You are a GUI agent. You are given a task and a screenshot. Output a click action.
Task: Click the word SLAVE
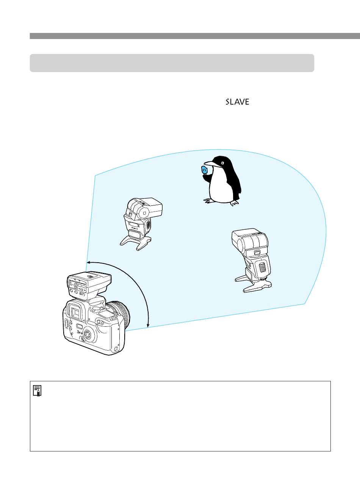237,102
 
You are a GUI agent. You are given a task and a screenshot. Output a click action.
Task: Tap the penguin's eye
222,163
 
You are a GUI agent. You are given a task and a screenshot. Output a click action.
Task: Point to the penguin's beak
210,163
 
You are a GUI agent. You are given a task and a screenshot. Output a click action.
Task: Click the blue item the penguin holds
204,169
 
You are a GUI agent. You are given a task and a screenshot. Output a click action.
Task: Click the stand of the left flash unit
136,242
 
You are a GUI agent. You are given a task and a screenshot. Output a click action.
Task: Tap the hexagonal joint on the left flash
144,213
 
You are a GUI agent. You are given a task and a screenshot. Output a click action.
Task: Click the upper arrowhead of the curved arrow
89,262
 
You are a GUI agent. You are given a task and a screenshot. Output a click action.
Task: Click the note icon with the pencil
37,391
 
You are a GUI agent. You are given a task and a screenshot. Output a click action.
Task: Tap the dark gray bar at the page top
195,36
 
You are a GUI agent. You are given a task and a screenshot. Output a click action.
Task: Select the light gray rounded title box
172,63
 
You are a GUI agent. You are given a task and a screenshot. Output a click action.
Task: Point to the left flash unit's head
144,208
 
